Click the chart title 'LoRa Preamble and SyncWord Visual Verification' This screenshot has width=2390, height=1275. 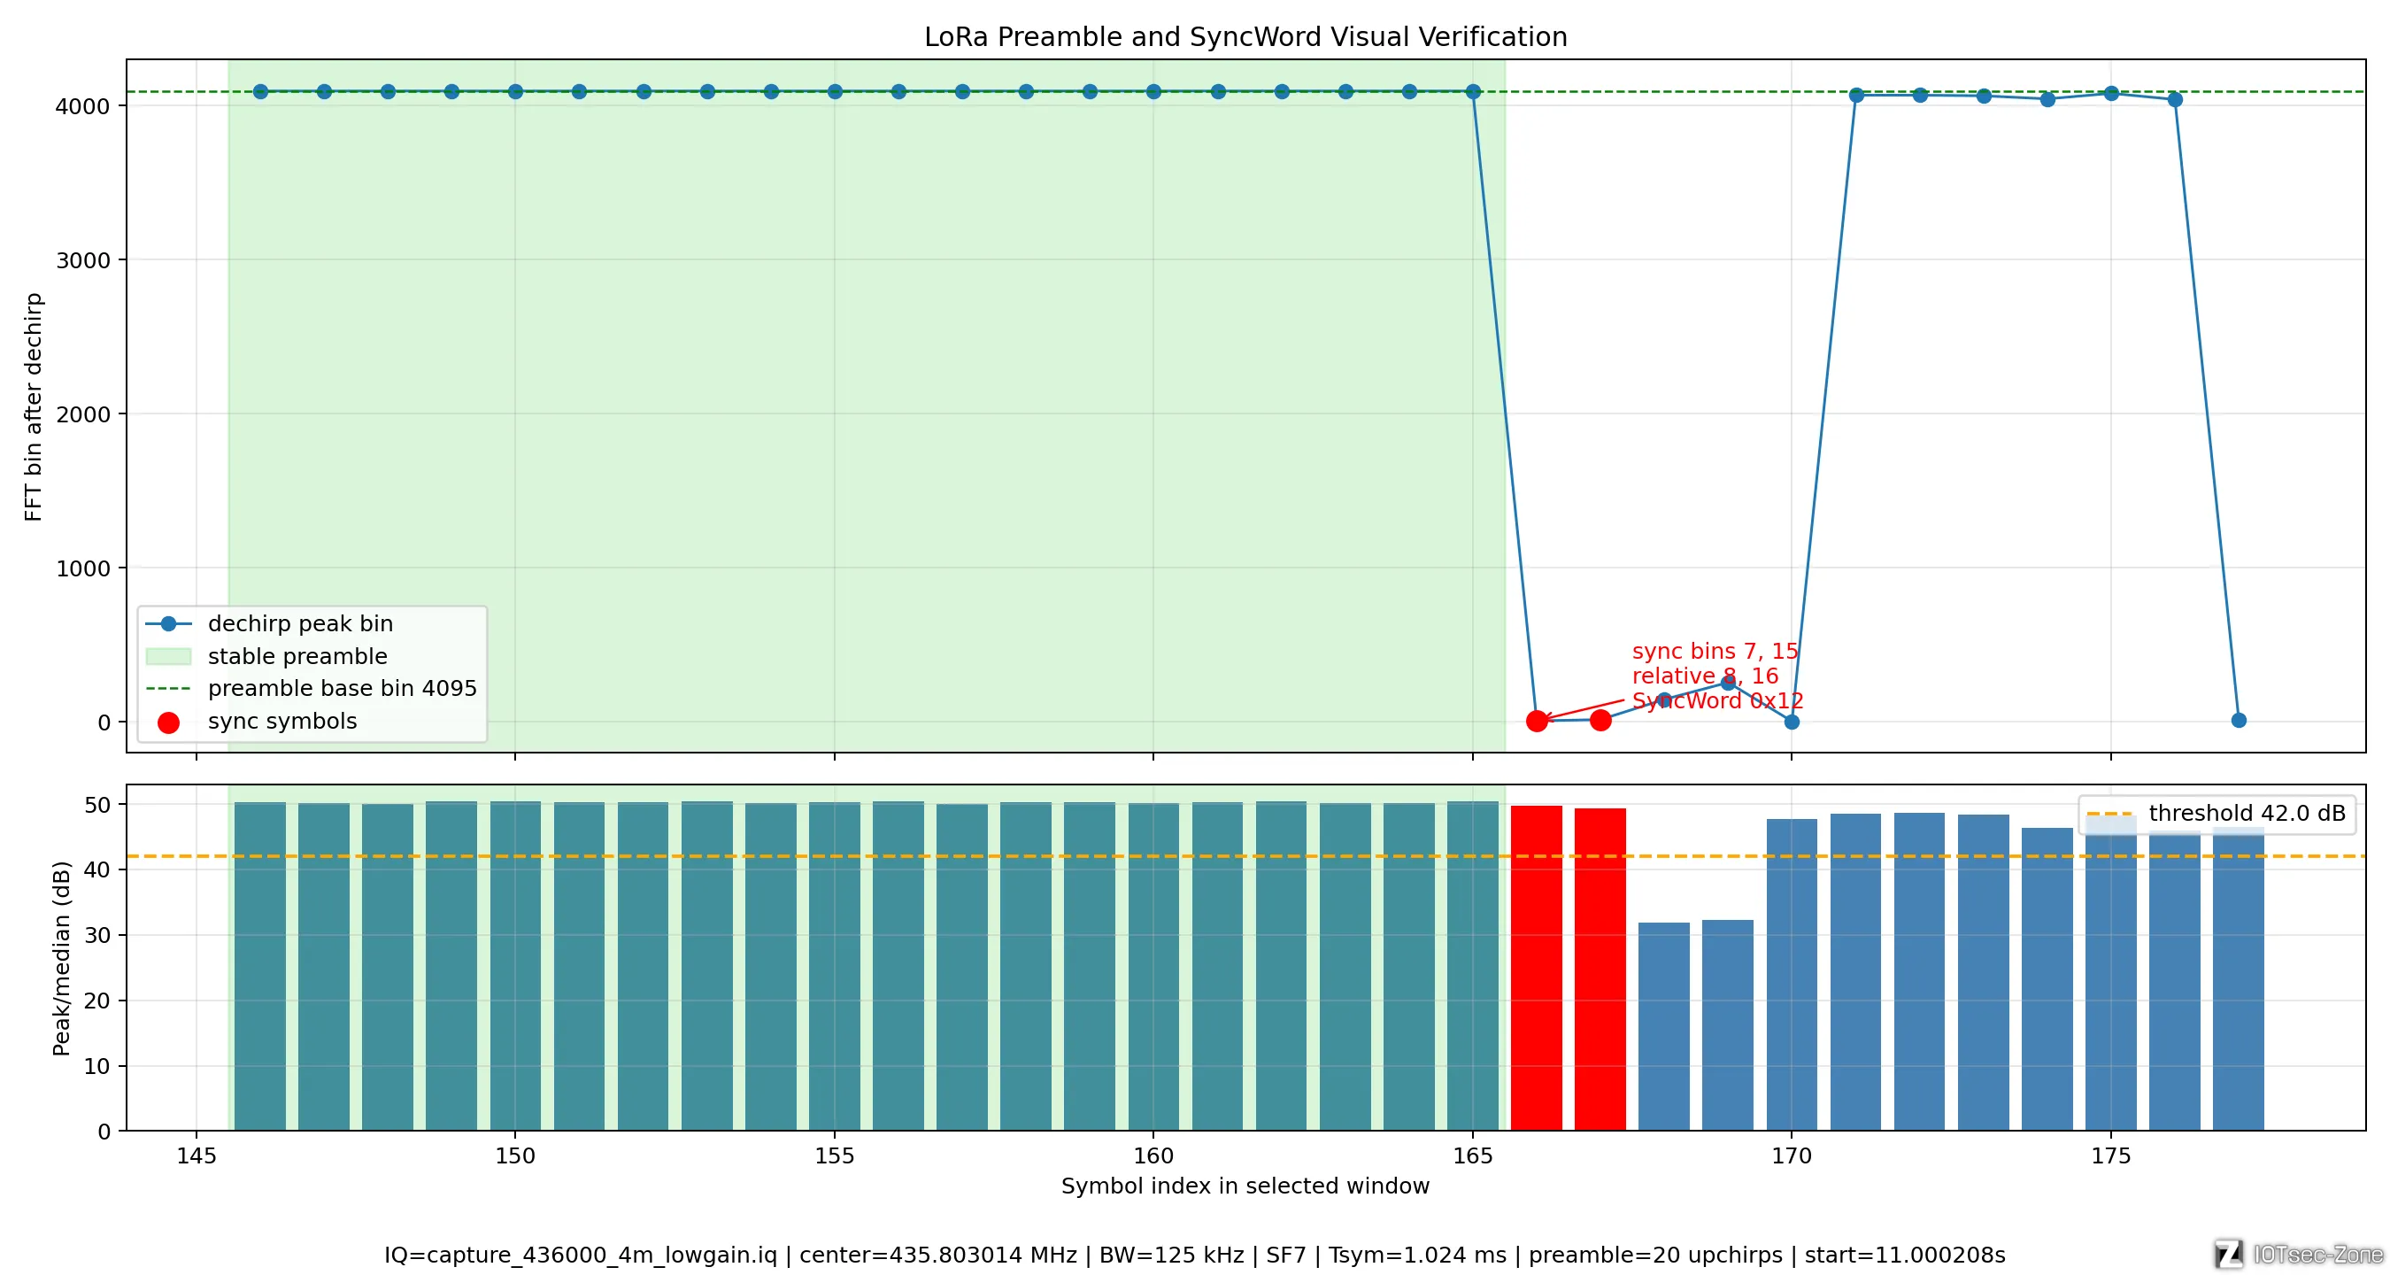coord(1245,36)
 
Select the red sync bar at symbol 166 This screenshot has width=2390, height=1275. coord(1537,968)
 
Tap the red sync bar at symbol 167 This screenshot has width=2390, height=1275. coord(1600,969)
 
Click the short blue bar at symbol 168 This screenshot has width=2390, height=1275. coord(1664,1026)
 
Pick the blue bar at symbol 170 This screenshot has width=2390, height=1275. coord(1792,974)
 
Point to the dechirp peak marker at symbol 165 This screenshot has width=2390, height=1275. coord(1472,92)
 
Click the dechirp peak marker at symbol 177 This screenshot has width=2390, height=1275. coord(2239,720)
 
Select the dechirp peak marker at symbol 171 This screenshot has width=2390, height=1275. coord(1856,95)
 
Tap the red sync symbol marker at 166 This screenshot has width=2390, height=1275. coord(1537,720)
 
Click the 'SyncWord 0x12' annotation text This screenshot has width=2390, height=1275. coord(1717,700)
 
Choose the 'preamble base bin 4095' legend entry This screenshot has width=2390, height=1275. coord(311,689)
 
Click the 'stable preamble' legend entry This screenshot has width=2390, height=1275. coord(266,656)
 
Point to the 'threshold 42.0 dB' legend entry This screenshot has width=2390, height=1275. coord(2217,813)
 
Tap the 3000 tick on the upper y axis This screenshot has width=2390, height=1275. coord(83,259)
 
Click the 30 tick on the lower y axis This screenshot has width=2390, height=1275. coord(97,935)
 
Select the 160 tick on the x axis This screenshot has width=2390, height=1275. coord(1153,1156)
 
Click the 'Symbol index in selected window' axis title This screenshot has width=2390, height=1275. coord(1245,1186)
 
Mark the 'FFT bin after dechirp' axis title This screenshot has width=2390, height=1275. coord(34,406)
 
